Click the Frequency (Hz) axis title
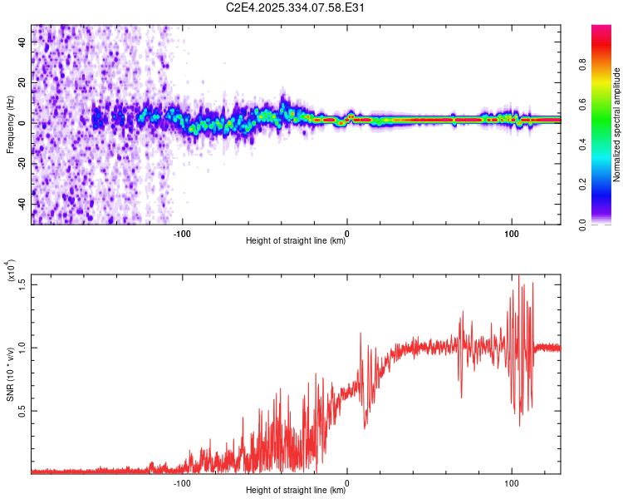tap(11, 125)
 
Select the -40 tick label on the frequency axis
tap(23, 204)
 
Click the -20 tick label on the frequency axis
tap(23, 163)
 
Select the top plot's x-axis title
tap(296, 241)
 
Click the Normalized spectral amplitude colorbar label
tap(617, 125)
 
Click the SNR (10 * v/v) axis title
tap(11, 374)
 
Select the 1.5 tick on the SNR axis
tap(22, 284)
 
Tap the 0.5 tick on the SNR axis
tap(22, 410)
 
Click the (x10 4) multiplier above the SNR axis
tap(12, 269)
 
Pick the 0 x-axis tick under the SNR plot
tap(347, 482)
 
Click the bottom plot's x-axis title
tap(296, 491)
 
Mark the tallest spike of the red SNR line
tap(519, 276)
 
